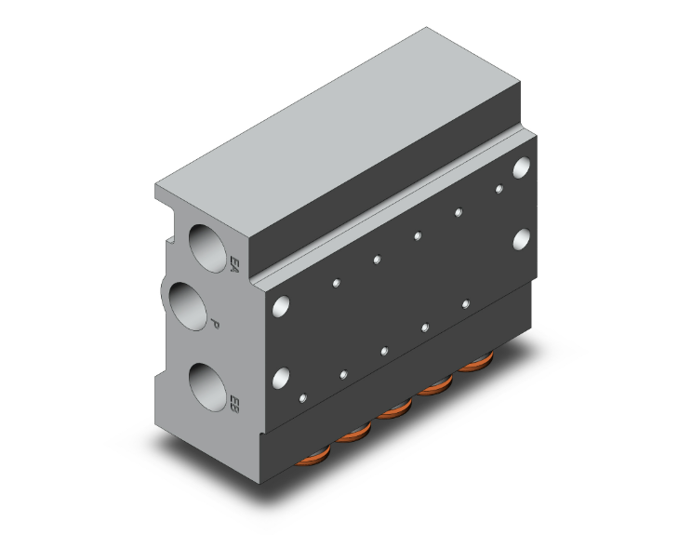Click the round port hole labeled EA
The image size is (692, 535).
[207, 248]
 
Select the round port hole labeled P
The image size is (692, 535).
[188, 306]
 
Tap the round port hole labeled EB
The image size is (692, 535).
[207, 388]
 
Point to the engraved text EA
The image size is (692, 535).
[234, 263]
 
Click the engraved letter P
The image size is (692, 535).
[215, 324]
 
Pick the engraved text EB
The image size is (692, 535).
[234, 404]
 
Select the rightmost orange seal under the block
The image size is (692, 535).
[476, 362]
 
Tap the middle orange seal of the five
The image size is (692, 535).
[395, 408]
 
